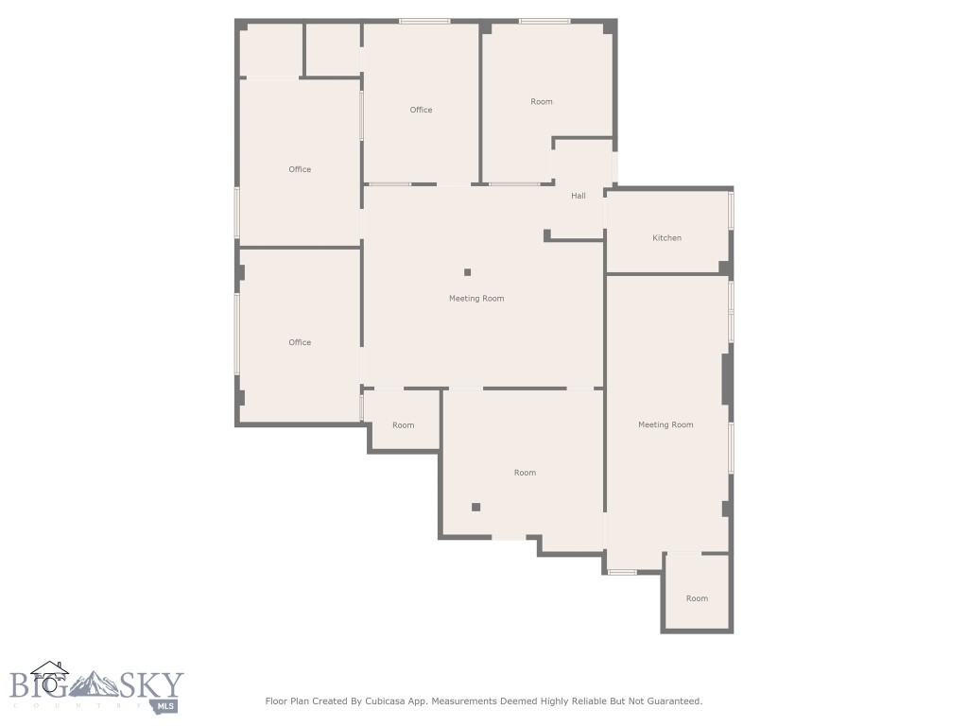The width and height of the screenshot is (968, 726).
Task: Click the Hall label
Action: pos(579,196)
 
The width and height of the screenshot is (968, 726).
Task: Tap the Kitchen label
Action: pos(666,237)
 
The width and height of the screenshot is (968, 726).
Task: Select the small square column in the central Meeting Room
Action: pos(467,272)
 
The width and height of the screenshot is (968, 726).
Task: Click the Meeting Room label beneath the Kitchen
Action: pos(665,424)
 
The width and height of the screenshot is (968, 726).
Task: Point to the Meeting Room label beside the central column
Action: pos(476,298)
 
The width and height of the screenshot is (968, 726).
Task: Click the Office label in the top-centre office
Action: pos(421,110)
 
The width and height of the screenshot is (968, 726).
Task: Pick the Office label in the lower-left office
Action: pos(300,342)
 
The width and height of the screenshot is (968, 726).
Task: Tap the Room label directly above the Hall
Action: pos(542,101)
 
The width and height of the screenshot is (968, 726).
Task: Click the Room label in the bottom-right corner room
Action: pos(697,598)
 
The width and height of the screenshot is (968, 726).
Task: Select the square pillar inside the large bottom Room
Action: pos(476,507)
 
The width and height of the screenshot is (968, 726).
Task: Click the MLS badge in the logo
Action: pos(166,705)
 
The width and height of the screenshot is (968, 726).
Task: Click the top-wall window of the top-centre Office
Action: pos(423,21)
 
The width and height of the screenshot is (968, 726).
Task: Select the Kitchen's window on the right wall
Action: pos(731,210)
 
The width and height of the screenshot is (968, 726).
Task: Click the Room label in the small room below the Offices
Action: pos(404,425)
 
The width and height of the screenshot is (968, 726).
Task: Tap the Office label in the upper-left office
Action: pos(300,169)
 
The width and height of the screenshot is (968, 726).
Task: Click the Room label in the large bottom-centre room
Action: pos(525,473)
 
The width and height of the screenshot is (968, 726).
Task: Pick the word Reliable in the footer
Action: pos(579,701)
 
